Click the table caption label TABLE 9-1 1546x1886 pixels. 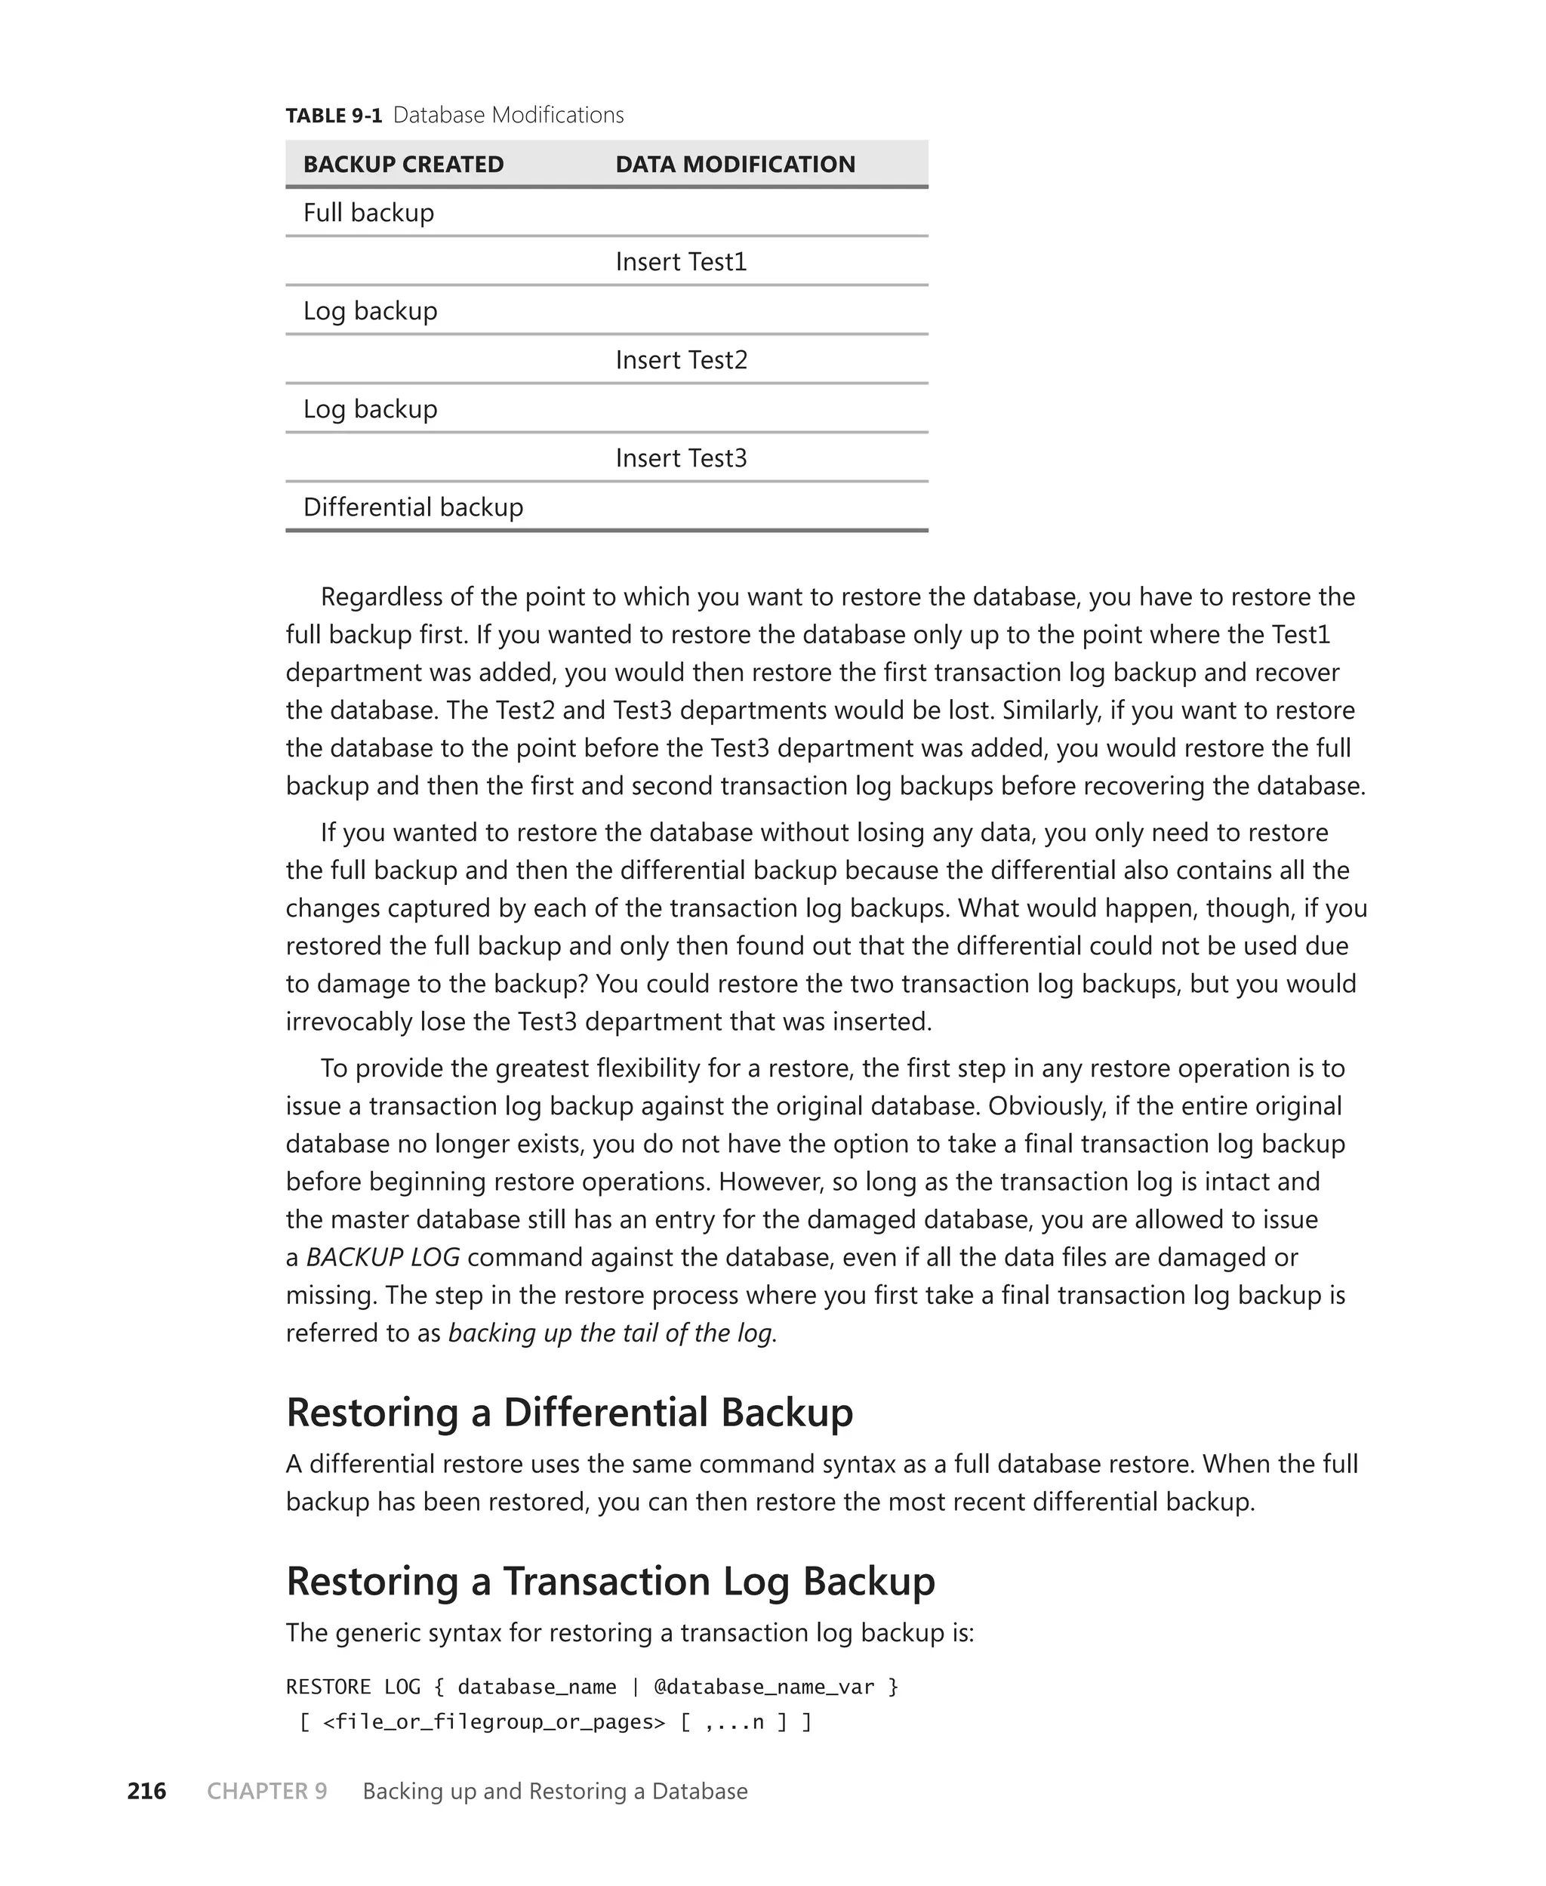coord(333,116)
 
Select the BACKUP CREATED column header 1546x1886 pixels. coord(402,165)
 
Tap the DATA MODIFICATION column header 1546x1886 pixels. coord(735,165)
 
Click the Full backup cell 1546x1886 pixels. coord(368,213)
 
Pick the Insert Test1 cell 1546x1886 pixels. coord(680,262)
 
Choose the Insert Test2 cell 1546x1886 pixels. coord(680,359)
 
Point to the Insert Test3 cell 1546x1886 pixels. coord(680,458)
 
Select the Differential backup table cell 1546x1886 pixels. coord(413,507)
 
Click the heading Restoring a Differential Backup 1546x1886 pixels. coord(569,1413)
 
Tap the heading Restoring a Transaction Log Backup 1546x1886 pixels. coord(610,1582)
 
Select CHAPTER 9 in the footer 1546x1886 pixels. coord(267,1792)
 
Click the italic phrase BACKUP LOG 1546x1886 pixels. coord(383,1257)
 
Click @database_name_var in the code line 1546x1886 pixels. coord(764,1687)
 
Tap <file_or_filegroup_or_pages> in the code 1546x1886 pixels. coord(494,1722)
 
